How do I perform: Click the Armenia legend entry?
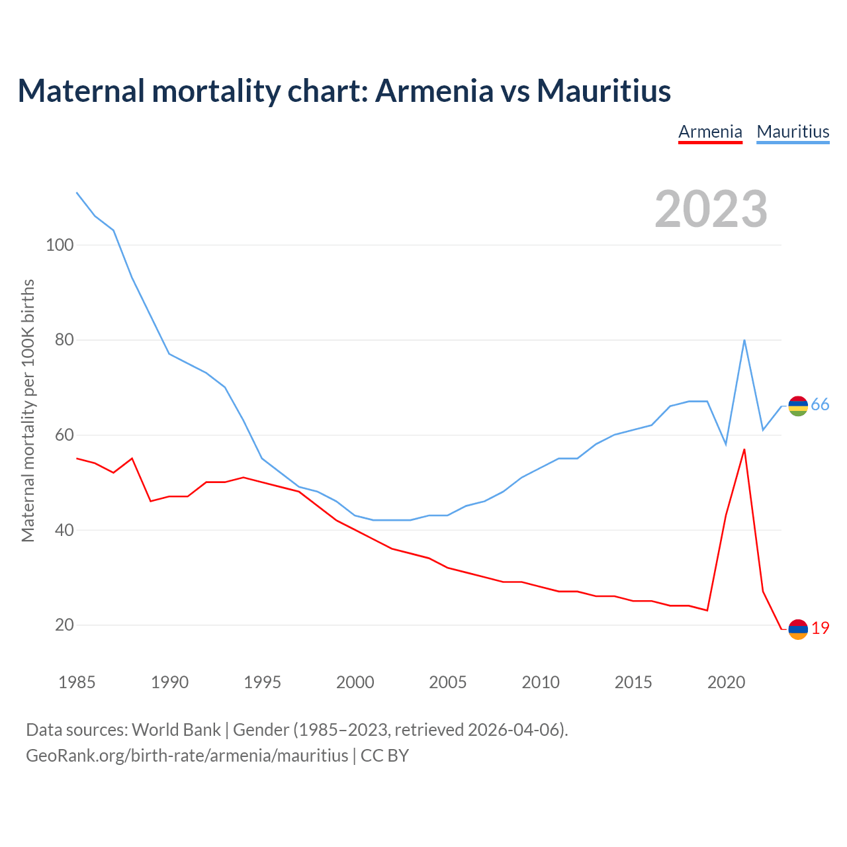pos(710,132)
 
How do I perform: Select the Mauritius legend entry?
pos(793,132)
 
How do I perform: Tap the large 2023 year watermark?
pos(711,208)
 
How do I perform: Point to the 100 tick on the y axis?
pos(60,245)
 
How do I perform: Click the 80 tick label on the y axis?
pos(64,340)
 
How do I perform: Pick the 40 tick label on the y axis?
pos(64,530)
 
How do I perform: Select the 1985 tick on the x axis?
pos(77,682)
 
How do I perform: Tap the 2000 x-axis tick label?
pos(355,682)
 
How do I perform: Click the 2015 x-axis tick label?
pos(633,682)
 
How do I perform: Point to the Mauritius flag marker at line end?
pos(798,406)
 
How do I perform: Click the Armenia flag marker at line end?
pos(798,629)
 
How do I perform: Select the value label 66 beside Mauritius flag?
pos(820,405)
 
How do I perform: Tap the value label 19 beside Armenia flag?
pos(820,629)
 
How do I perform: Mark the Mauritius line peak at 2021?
pos(744,340)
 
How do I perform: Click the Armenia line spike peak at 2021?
pos(744,449)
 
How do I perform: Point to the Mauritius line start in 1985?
pos(77,193)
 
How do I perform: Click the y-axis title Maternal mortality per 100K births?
pos(28,410)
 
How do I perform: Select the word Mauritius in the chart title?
pos(603,91)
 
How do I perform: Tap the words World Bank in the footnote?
pos(176,730)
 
